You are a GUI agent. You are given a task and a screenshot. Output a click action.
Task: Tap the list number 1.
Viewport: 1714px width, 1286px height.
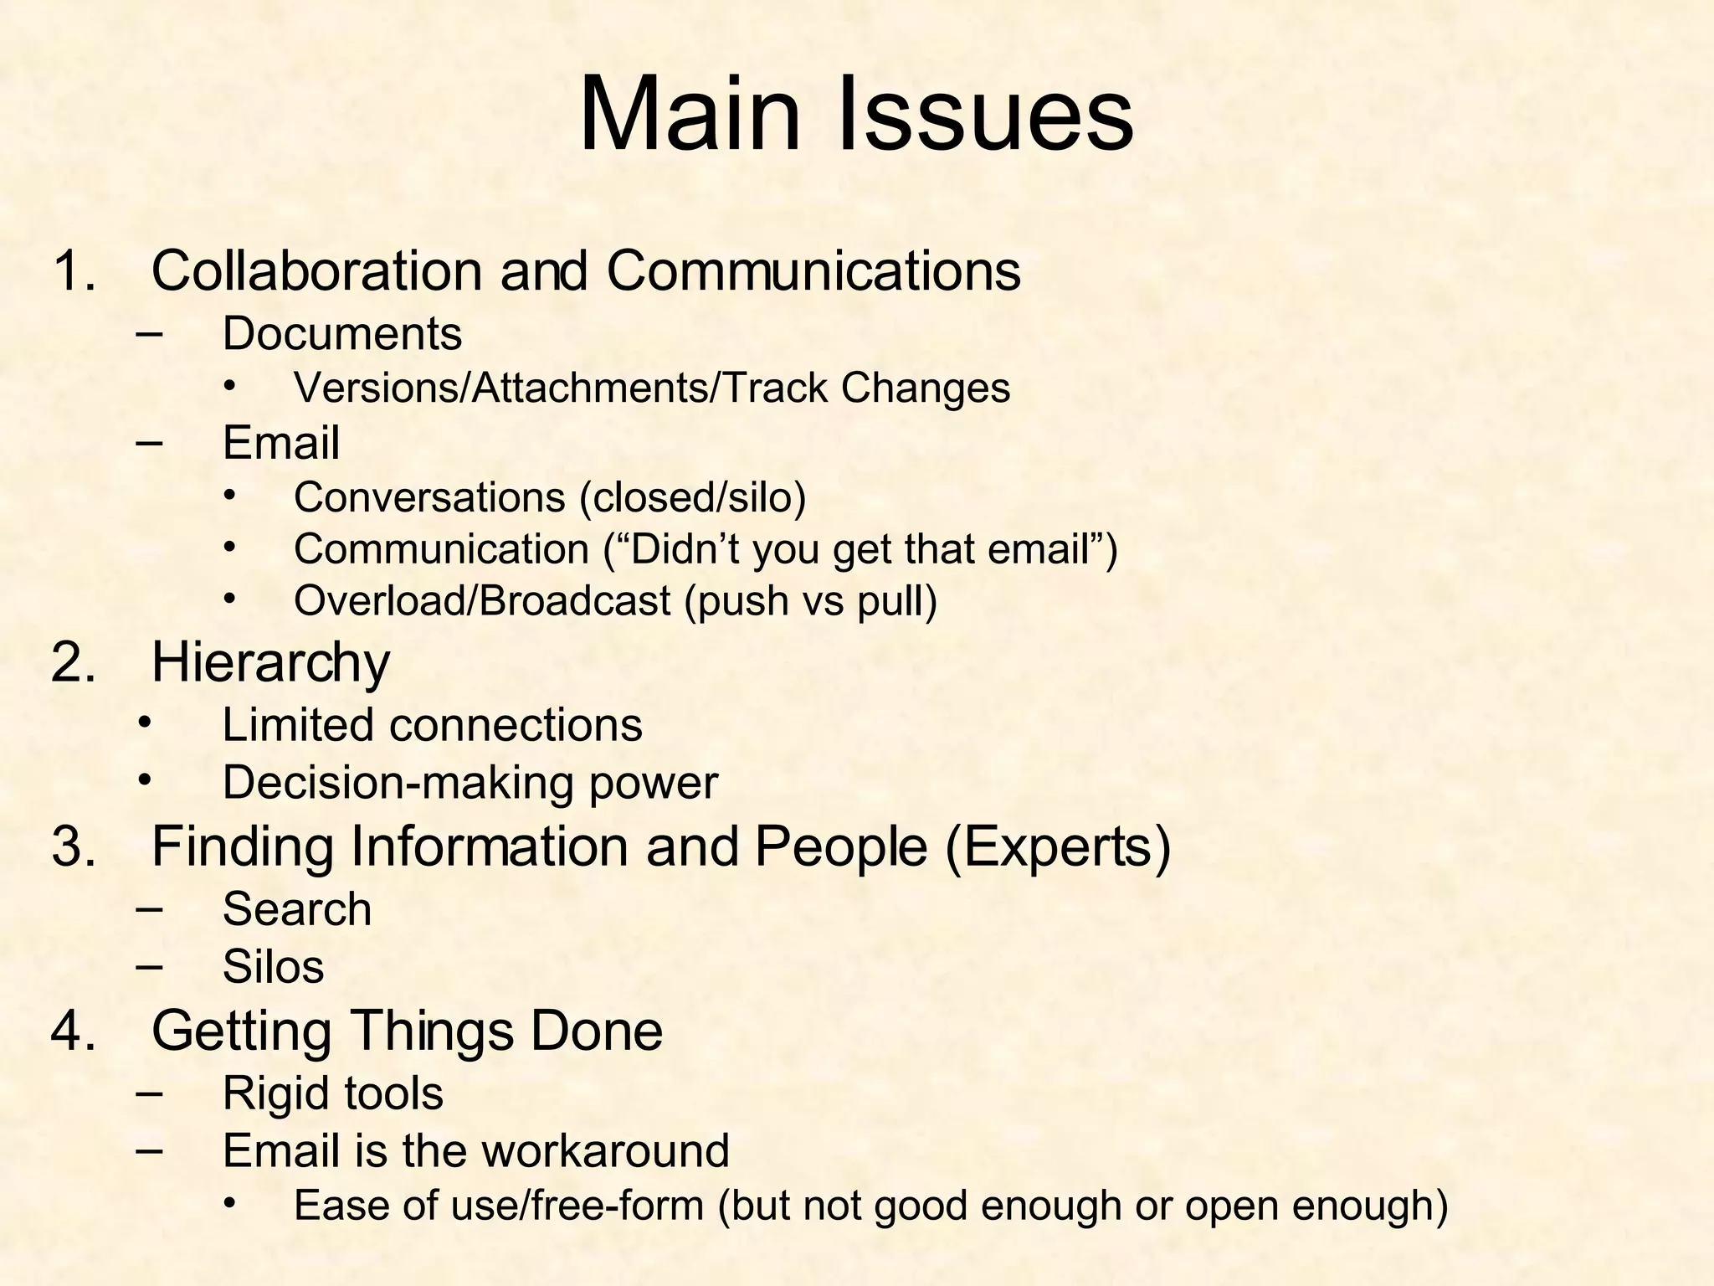coord(74,271)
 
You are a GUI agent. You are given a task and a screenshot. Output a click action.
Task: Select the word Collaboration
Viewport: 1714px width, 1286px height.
coord(316,271)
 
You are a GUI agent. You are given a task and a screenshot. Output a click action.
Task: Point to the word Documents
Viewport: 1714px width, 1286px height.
coord(341,334)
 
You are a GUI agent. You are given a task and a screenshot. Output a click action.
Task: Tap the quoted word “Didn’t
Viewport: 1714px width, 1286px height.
coord(669,549)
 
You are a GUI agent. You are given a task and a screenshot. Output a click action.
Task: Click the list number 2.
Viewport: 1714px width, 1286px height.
coord(74,663)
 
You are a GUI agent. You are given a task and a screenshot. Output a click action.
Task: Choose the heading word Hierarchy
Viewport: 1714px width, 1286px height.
coord(270,663)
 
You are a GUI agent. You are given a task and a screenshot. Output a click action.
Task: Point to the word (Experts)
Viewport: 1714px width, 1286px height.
coord(1058,846)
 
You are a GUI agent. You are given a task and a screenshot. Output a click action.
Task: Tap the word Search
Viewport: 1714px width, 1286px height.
coord(297,909)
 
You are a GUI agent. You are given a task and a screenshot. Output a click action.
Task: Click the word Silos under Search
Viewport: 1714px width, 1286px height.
coord(273,967)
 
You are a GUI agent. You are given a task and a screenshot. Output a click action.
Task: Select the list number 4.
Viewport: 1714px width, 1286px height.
coord(74,1031)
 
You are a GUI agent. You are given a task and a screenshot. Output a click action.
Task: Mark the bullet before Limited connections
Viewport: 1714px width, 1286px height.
coord(146,721)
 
